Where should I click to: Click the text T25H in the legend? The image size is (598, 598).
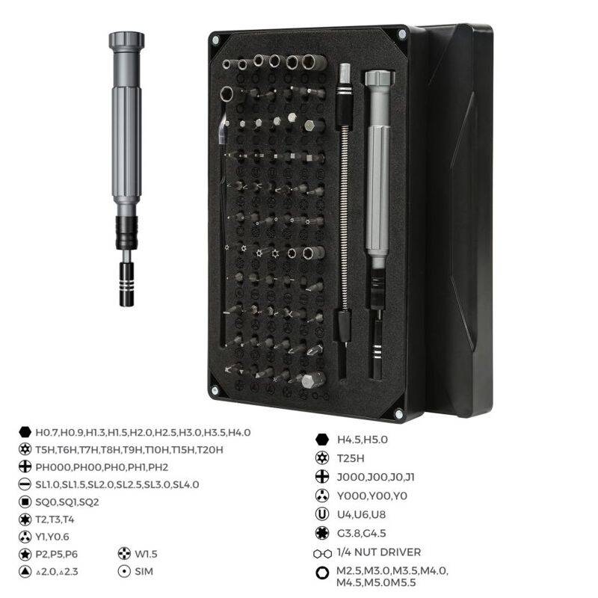[x=351, y=458]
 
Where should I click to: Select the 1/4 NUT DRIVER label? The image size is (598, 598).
[x=379, y=552]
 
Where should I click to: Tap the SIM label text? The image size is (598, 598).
[x=144, y=571]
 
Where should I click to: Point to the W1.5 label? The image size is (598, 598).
[x=146, y=554]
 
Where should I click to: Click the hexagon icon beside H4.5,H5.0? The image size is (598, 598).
[x=322, y=440]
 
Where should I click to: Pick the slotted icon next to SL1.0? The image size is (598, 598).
[x=25, y=484]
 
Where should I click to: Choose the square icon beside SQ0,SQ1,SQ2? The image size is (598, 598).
[x=25, y=502]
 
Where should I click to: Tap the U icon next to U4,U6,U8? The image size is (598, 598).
[x=322, y=514]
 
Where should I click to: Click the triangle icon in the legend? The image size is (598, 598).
[x=25, y=571]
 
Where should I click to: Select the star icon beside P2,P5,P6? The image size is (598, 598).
[x=25, y=554]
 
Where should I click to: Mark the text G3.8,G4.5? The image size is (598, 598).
[x=362, y=533]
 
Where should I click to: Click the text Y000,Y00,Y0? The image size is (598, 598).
[x=372, y=496]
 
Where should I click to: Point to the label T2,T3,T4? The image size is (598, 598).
[x=55, y=520]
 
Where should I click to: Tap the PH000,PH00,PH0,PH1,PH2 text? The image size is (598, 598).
[x=102, y=467]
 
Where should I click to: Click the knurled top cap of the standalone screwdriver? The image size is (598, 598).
[x=126, y=40]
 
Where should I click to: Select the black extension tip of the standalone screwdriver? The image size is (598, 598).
[x=126, y=284]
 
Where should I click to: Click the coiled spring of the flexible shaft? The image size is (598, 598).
[x=345, y=218]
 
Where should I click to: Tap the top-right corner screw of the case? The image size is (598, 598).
[x=401, y=34]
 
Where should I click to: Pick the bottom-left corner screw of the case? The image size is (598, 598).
[x=215, y=390]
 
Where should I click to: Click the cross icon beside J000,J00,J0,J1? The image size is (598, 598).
[x=322, y=477]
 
